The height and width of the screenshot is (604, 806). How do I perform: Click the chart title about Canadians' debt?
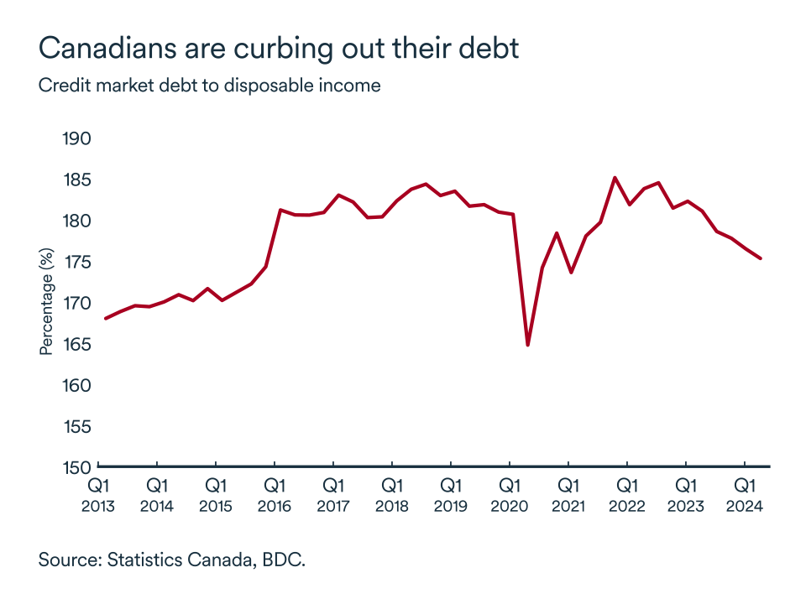pyautogui.click(x=279, y=48)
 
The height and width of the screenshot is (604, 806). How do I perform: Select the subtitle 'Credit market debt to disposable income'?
pyautogui.click(x=209, y=86)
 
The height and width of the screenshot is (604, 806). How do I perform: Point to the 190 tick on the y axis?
pyautogui.click(x=77, y=138)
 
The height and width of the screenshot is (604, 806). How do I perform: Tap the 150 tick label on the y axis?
pyautogui.click(x=77, y=467)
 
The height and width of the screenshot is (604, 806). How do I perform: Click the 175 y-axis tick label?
pyautogui.click(x=77, y=262)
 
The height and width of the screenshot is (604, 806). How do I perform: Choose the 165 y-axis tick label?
pyautogui.click(x=77, y=344)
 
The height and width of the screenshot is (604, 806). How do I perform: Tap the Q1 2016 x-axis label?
pyautogui.click(x=275, y=496)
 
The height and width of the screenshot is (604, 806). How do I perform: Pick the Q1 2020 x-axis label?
pyautogui.click(x=509, y=496)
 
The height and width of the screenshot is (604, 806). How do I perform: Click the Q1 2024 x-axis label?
pyautogui.click(x=744, y=496)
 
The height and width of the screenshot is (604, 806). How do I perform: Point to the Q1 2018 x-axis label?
pyautogui.click(x=391, y=496)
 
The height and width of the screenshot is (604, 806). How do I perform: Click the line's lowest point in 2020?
pyautogui.click(x=527, y=345)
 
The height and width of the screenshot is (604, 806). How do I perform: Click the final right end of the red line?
pyautogui.click(x=760, y=258)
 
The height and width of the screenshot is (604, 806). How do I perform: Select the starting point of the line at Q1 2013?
pyautogui.click(x=105, y=319)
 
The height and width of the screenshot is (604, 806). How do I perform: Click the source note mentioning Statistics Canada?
pyautogui.click(x=171, y=560)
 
